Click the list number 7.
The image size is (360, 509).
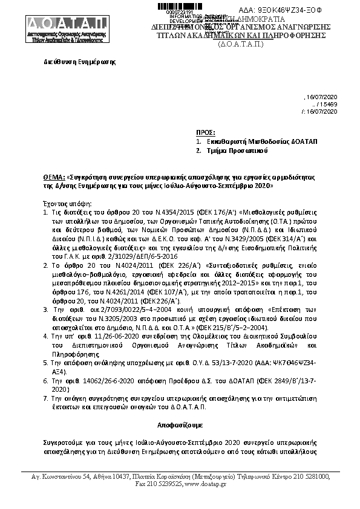point(45,398)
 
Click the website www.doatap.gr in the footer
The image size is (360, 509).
point(205,484)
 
